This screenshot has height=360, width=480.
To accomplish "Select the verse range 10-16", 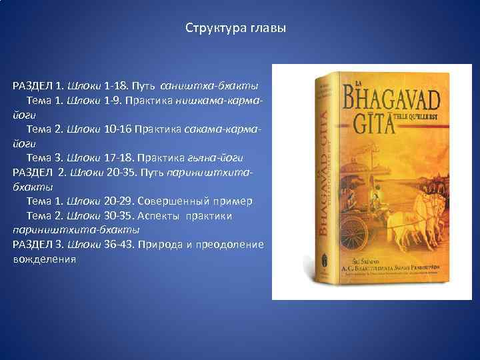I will click(x=119, y=129).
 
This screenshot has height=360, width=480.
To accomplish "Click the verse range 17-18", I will click(x=119, y=158).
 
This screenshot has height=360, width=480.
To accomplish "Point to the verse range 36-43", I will click(x=119, y=245).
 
